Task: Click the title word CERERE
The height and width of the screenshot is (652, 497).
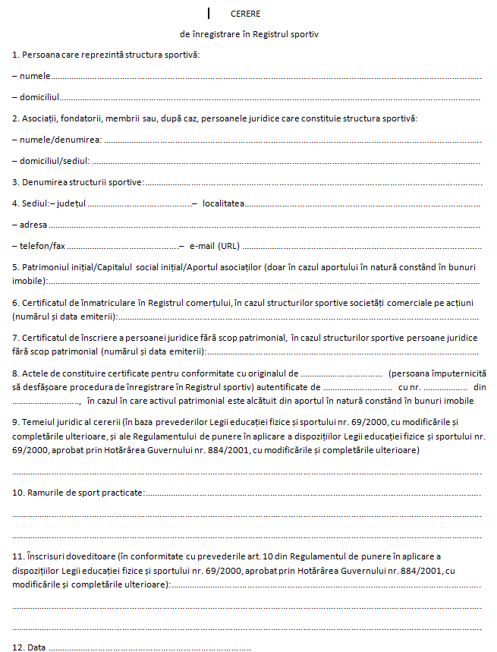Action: coord(246,14)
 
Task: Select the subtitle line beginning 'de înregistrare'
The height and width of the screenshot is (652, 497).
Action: coord(249,34)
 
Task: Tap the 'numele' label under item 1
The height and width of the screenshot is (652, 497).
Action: coord(33,76)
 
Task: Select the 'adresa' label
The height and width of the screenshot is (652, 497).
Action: coord(34,225)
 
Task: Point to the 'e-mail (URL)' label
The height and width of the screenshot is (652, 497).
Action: coord(214,246)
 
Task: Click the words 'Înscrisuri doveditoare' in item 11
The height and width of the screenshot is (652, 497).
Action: coord(71,556)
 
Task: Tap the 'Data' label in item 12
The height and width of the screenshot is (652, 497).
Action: coord(36,647)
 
